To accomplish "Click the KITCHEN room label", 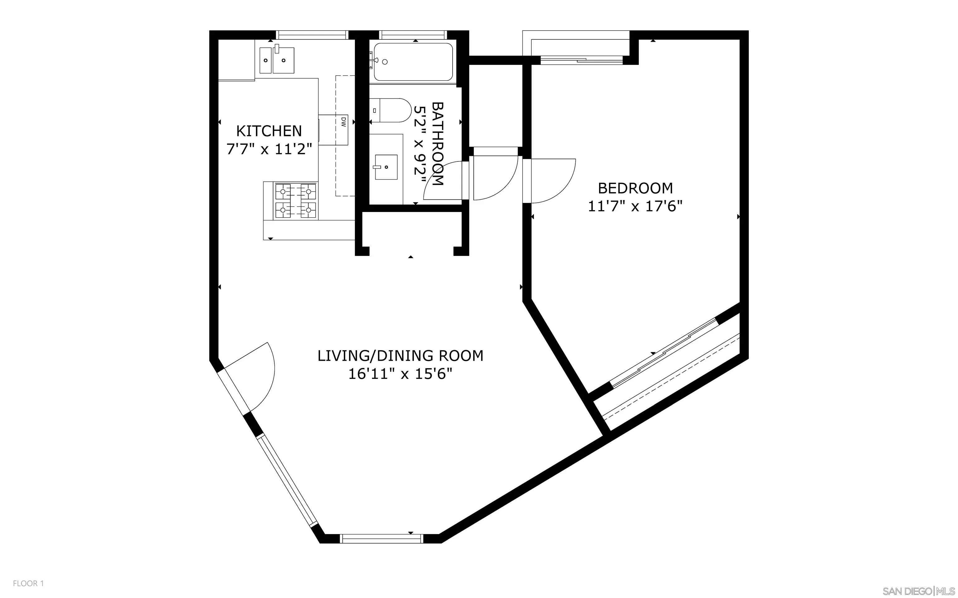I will coord(269,131).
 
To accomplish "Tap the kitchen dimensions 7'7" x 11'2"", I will coord(269,150).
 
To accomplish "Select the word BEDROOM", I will coord(635,188).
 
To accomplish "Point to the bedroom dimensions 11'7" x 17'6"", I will coord(635,206).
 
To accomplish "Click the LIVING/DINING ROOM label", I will coord(400,355).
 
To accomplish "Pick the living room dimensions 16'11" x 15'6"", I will coord(400,374).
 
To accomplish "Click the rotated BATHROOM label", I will coord(438,143).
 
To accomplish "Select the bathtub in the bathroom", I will coord(413,62).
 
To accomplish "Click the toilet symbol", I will coord(392,110).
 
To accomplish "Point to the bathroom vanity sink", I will coord(386,167).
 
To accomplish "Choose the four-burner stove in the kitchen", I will coord(296,201).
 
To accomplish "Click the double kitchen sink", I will coord(277,60).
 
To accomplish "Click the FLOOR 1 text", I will coord(28,583).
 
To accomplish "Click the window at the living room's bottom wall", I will coord(382,538).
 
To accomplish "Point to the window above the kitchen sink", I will coord(312,35).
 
